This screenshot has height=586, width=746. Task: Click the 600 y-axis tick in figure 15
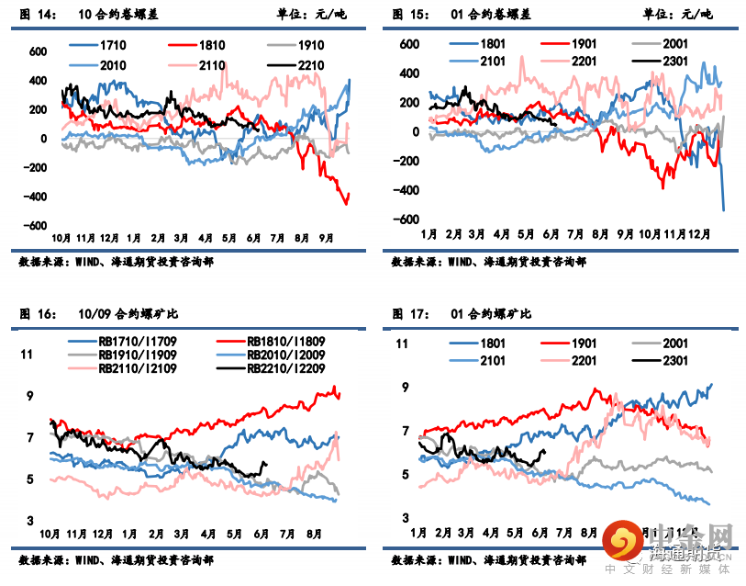[x=407, y=43]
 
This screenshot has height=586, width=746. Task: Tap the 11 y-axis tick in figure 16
[x=27, y=355]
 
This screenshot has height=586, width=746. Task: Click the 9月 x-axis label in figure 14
[x=325, y=237]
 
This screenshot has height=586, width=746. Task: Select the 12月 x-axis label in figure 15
[x=702, y=234]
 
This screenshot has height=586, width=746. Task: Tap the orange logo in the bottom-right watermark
[x=627, y=541]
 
